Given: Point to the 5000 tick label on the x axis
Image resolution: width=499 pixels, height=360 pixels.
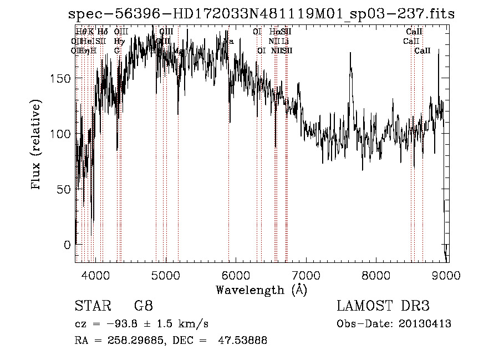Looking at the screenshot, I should point(165,274).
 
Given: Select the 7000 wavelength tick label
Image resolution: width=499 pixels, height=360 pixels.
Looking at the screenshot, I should point(306,274).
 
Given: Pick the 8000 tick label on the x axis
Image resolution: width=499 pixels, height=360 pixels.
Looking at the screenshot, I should point(376,274).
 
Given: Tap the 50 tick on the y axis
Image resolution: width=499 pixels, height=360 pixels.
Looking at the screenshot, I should point(65,189).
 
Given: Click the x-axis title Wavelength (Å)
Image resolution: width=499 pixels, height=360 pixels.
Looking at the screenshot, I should point(261,290).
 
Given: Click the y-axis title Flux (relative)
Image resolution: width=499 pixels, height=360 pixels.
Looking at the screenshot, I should point(37,145).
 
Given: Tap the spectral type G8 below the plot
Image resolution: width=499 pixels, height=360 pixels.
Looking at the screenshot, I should point(144,306).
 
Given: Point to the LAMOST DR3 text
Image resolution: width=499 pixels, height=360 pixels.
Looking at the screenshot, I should point(383,306).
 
